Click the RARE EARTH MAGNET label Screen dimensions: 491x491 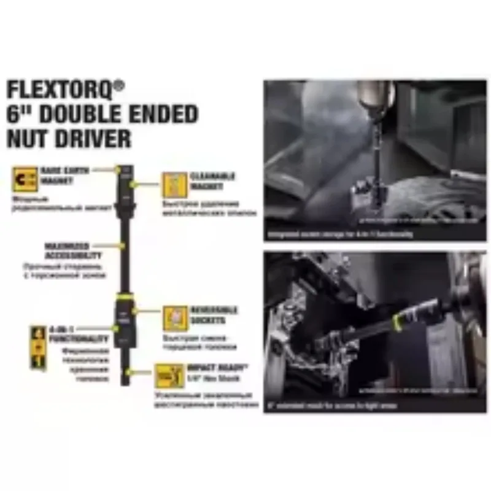[x=65, y=175]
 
